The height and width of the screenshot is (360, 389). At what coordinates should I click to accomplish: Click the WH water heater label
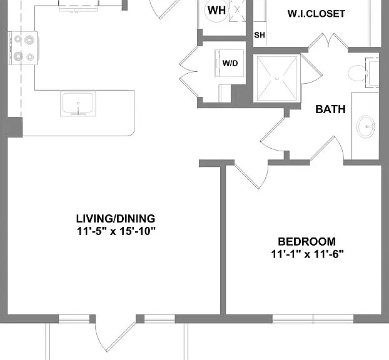216,11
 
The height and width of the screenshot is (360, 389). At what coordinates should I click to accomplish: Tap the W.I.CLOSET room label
316,14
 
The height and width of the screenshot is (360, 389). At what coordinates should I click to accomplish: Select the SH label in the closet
260,35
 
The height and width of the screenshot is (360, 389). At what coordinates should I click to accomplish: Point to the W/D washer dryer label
230,63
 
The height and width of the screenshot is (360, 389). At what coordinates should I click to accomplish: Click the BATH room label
330,109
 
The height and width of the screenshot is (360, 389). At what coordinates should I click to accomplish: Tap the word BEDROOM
307,241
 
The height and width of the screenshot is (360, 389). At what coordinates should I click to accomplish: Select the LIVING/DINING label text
116,219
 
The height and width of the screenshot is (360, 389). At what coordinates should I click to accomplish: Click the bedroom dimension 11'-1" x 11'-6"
307,254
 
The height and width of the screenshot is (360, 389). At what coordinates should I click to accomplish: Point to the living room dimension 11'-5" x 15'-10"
116,232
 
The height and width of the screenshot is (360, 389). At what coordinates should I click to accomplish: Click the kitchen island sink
78,104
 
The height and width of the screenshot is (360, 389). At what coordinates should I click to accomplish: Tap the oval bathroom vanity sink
366,126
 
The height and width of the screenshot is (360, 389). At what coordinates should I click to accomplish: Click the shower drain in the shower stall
277,79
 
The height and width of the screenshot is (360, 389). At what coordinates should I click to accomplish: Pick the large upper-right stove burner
29,39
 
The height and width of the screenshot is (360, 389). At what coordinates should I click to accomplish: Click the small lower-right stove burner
30,57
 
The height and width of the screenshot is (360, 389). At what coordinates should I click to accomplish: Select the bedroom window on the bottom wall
313,319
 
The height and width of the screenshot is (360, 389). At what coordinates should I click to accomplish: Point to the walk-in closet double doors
328,41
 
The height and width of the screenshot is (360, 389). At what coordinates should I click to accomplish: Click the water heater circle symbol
216,11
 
